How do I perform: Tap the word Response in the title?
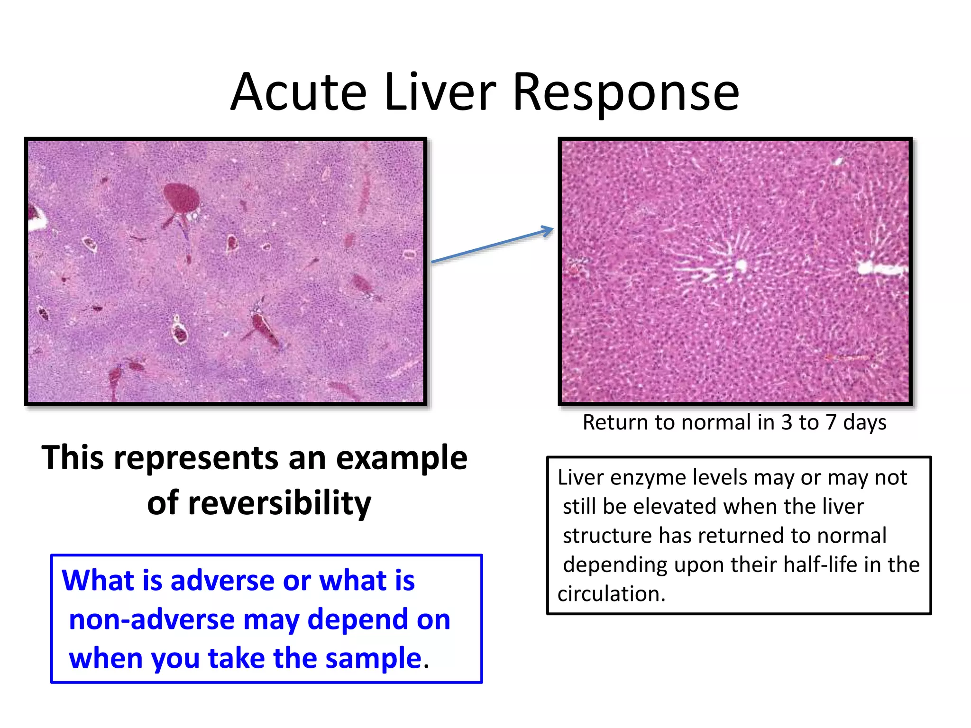coord(626,94)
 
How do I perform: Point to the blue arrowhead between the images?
coord(548,231)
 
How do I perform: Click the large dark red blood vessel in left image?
coord(181,198)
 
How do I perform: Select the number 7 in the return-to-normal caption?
coord(830,422)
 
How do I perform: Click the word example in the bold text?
coord(402,458)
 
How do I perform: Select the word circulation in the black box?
coord(611,594)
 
